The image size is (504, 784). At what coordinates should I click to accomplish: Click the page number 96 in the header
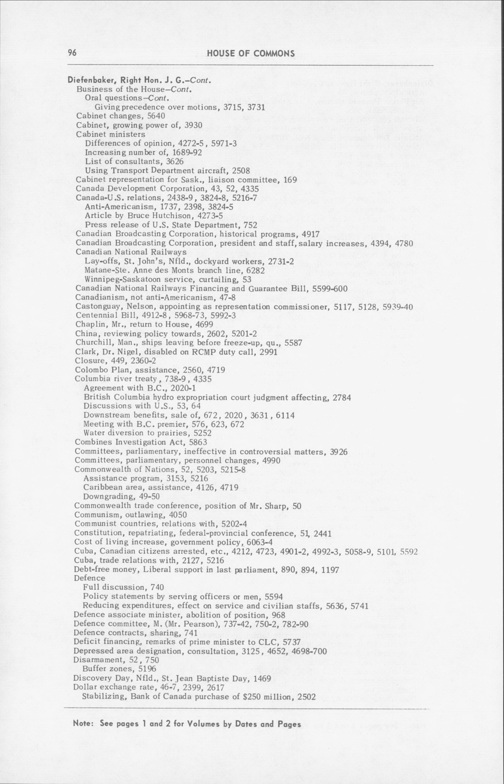point(72,53)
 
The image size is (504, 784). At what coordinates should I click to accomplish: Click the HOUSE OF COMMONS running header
point(251,54)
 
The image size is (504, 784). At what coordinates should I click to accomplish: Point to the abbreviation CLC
point(275,642)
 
